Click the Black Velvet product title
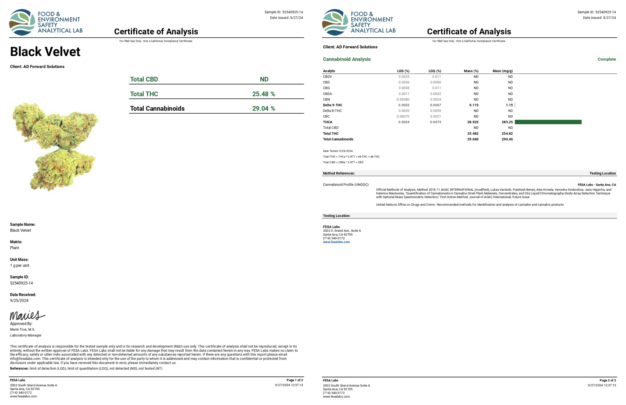coord(45,52)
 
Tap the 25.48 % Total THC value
coord(263,94)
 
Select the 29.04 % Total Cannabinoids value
coord(263,109)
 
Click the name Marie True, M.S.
coord(23,330)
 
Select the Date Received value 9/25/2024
coord(19,300)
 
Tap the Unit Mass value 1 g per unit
coord(20,265)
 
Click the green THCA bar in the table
coord(548,122)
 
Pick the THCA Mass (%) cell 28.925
coord(473,122)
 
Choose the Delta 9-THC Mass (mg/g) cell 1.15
coord(509,105)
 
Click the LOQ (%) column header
coord(435,71)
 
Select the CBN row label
coord(326,99)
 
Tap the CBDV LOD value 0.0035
coord(404,77)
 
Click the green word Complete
coord(606,59)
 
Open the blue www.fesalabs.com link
coord(336,242)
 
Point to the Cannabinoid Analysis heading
coord(347,59)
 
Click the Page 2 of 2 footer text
coord(607,380)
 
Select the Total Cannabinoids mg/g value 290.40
coord(507,139)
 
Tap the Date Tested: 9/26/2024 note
coord(338,151)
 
